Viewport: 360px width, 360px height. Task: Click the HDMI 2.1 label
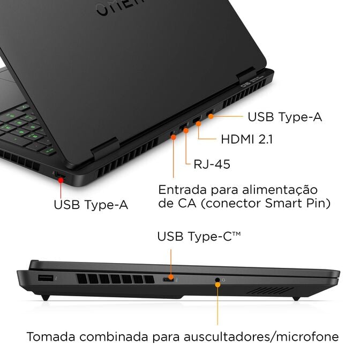(247, 139)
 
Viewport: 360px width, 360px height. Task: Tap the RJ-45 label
(212, 164)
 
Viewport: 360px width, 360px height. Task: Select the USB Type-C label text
(199, 236)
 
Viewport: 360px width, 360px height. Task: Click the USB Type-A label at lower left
(91, 204)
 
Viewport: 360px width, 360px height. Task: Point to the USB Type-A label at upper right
(284, 116)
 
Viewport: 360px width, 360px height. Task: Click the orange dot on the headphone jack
(217, 284)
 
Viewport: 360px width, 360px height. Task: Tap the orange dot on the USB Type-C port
(171, 278)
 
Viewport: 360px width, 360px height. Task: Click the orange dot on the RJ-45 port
(186, 130)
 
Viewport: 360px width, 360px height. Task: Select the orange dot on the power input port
(174, 137)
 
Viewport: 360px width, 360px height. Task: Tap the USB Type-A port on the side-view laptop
(46, 278)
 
